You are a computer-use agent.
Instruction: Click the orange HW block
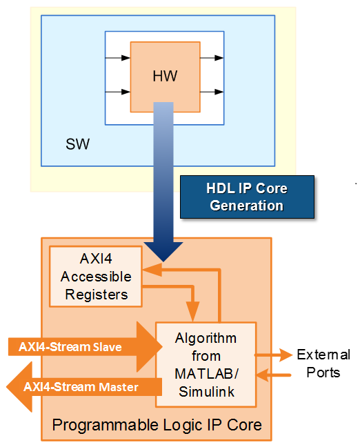165,76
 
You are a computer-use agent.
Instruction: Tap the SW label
77,145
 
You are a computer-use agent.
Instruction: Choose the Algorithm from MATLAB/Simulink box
206,364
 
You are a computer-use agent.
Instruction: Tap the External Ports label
323,364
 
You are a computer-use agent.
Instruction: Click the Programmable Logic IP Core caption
157,424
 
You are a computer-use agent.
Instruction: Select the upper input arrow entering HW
117,58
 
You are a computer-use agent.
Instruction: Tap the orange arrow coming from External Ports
274,374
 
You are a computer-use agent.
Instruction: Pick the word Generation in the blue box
246,206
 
